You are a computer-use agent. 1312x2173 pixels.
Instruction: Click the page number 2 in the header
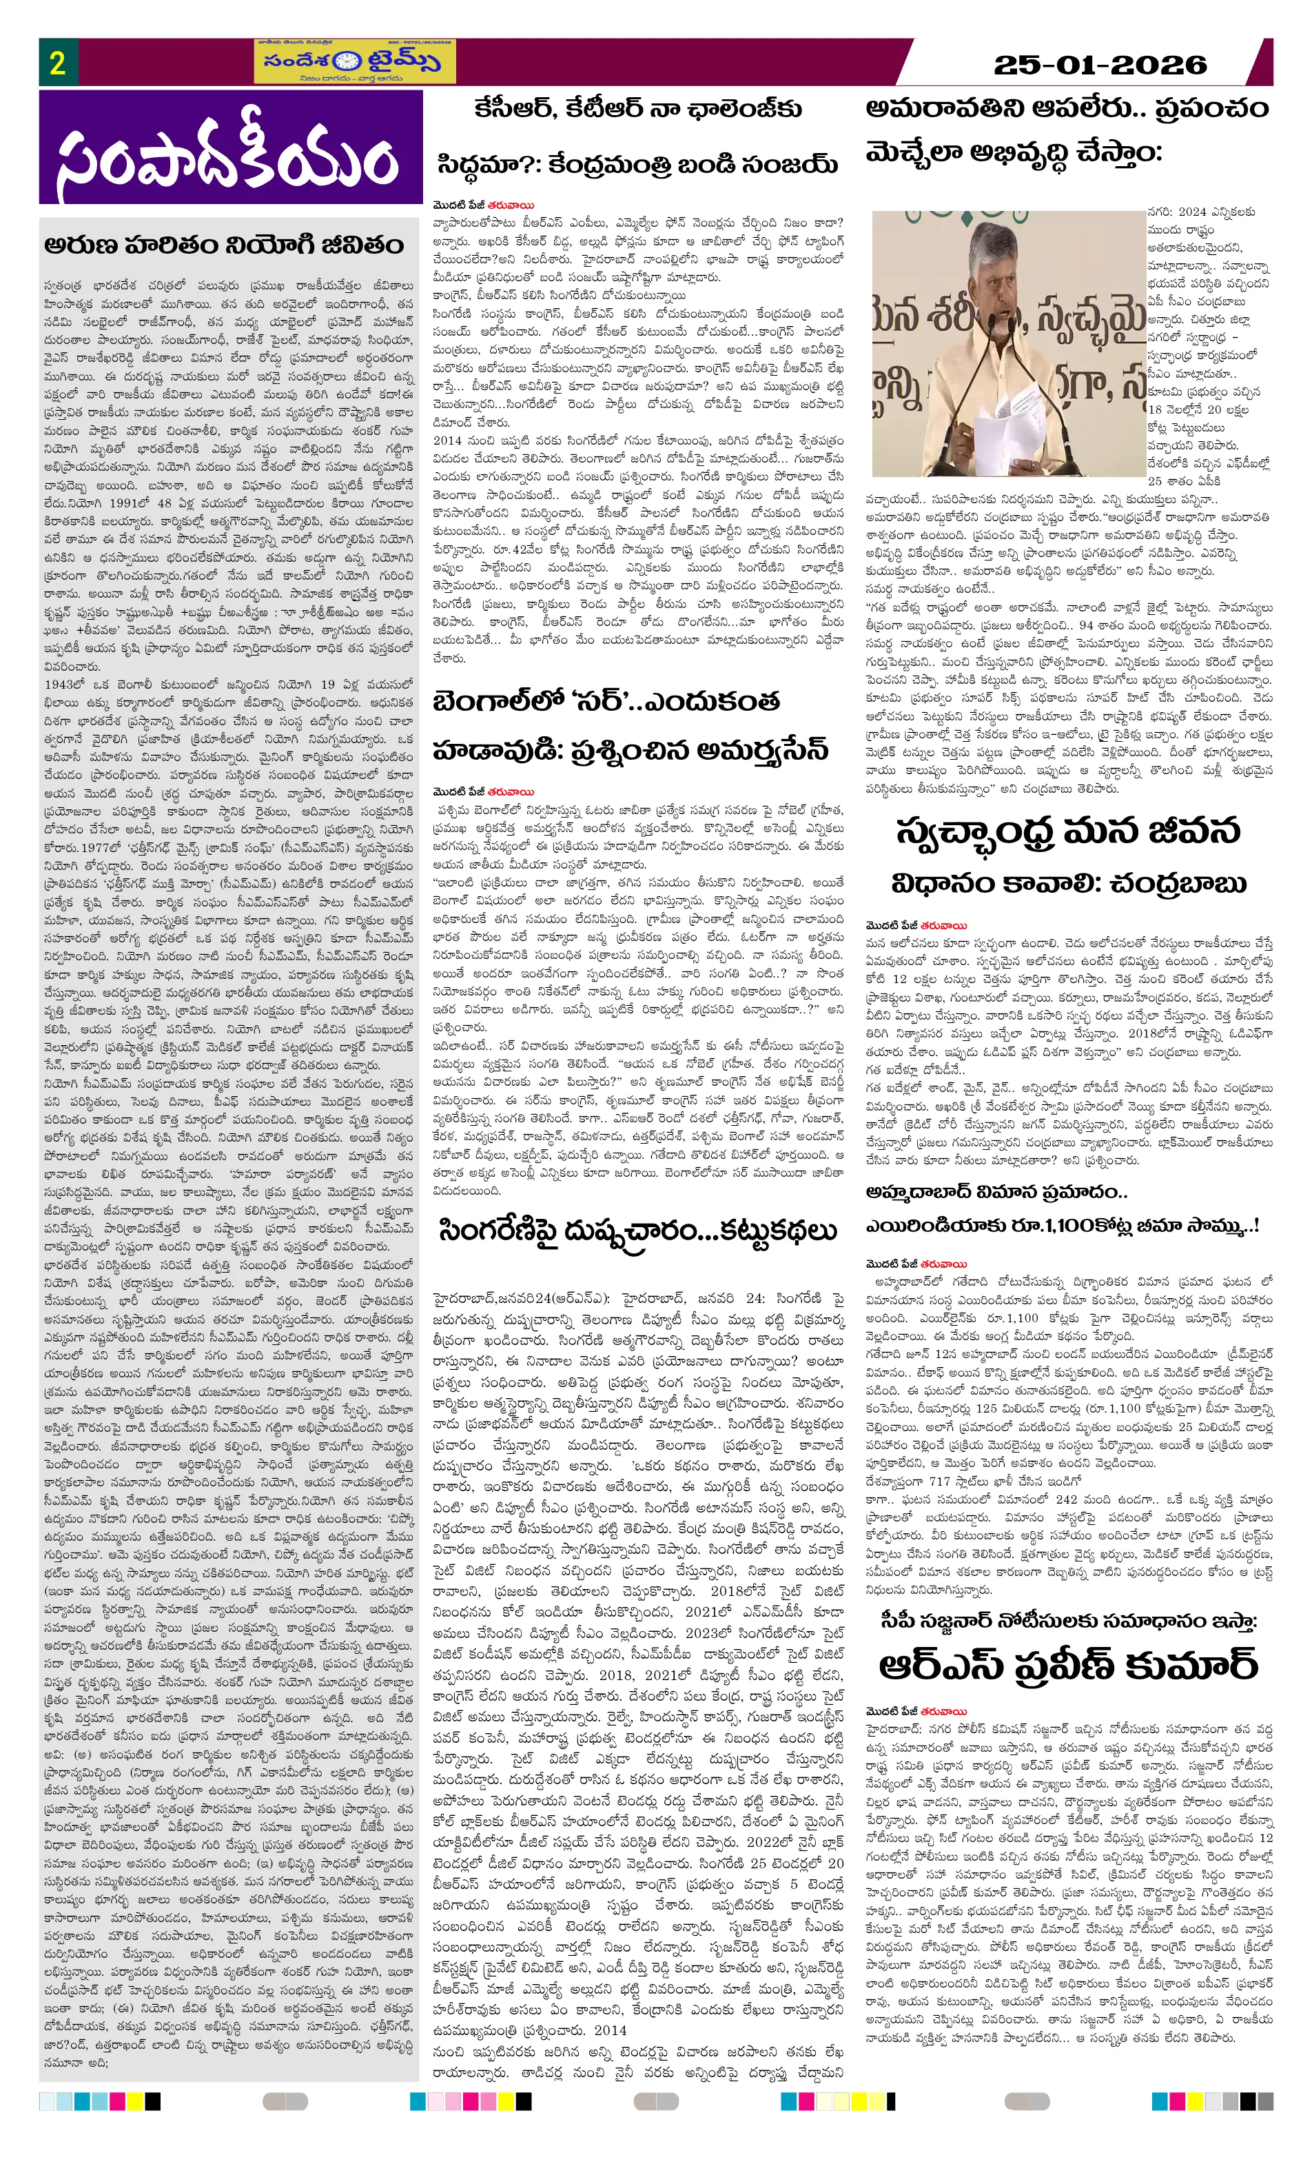click(57, 63)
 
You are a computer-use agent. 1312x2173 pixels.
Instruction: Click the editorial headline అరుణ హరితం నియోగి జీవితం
click(225, 244)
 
